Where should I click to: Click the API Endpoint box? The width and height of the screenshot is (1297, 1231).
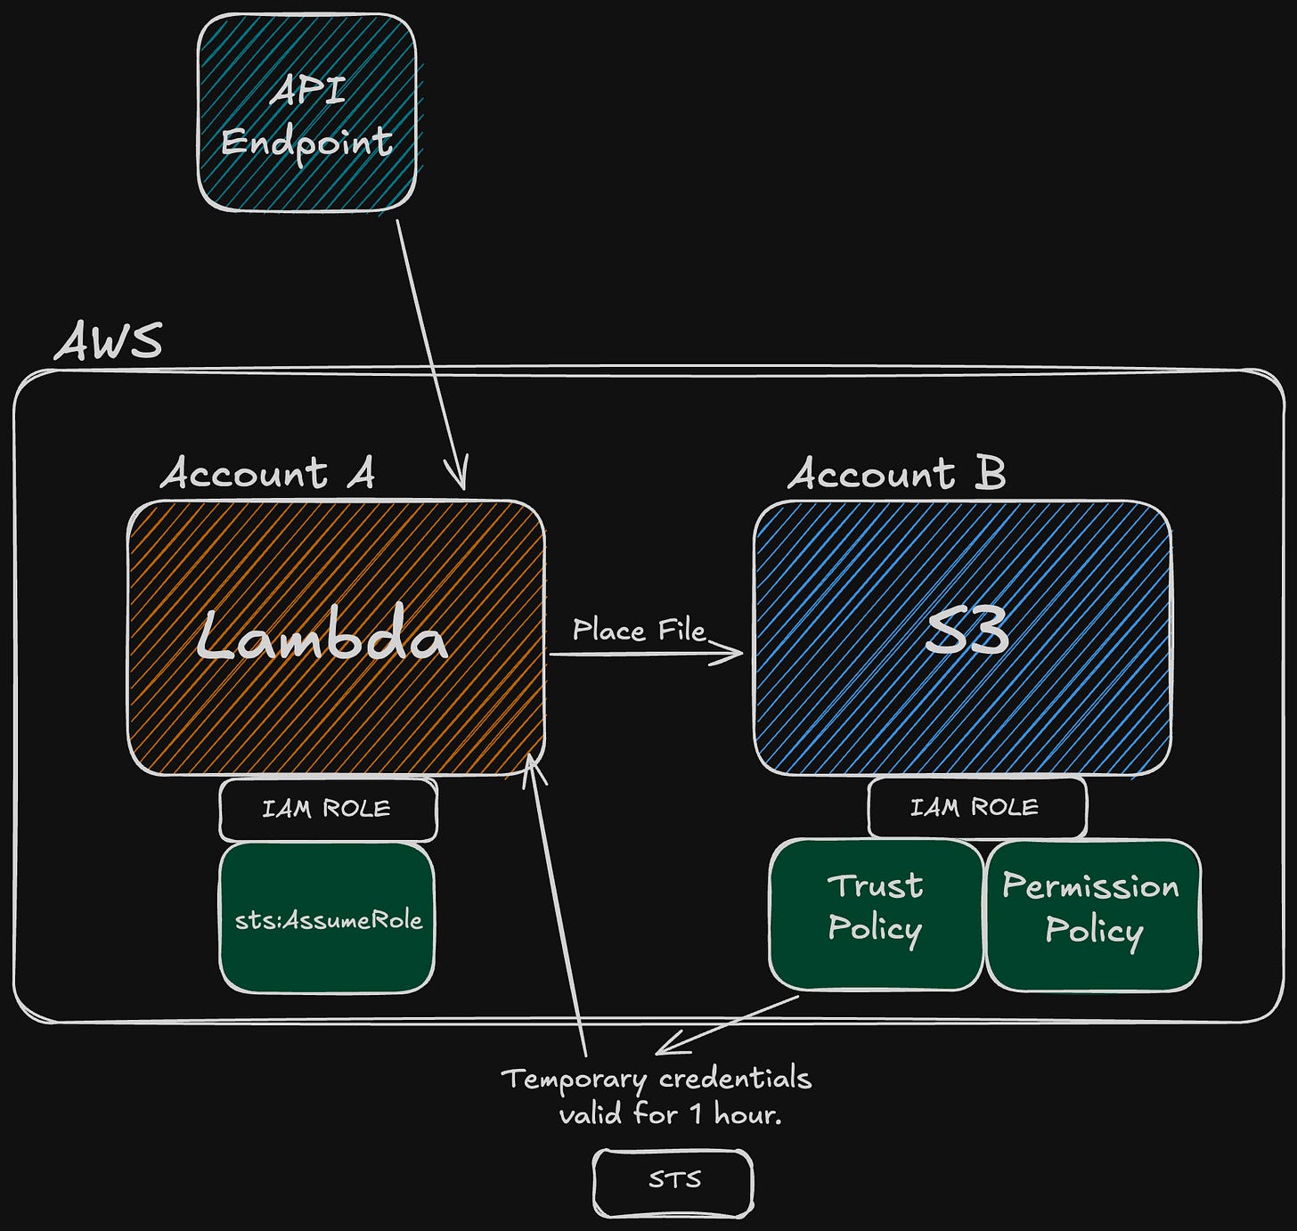(306, 114)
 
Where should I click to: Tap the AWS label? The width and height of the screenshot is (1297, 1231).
(109, 341)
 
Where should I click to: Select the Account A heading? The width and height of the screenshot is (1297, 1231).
(267, 473)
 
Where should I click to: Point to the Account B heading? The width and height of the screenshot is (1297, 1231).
(896, 473)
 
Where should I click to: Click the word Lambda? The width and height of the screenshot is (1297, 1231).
(322, 636)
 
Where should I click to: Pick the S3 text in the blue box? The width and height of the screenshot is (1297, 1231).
(966, 632)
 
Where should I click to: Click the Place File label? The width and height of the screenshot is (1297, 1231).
(638, 631)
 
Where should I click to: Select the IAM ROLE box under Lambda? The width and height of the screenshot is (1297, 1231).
(328, 809)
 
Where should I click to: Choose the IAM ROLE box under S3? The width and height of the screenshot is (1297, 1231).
(976, 807)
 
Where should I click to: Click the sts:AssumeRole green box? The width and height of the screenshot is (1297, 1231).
(328, 919)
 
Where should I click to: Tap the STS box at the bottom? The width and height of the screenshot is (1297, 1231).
(673, 1181)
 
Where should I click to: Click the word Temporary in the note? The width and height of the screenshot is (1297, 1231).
(574, 1080)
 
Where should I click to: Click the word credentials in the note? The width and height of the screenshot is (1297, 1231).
(736, 1079)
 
